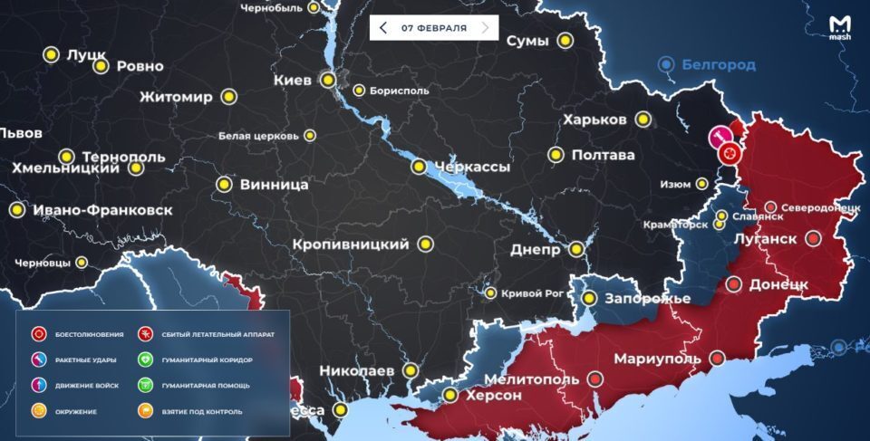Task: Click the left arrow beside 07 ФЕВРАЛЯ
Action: (383, 28)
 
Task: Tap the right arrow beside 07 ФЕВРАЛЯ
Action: (486, 28)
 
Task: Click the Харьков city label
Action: (594, 120)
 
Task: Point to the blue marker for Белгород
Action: (667, 64)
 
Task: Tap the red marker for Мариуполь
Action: (717, 359)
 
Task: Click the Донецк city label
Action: (778, 284)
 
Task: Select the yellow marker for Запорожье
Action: (589, 298)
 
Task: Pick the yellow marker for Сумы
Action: (565, 41)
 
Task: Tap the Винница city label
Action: (274, 185)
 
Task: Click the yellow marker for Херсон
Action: (450, 396)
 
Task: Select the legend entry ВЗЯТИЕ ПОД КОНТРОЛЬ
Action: (205, 411)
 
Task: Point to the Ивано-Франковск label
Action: (101, 210)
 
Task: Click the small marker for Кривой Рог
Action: (490, 292)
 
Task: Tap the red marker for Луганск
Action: (813, 239)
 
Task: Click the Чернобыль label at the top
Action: (271, 8)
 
